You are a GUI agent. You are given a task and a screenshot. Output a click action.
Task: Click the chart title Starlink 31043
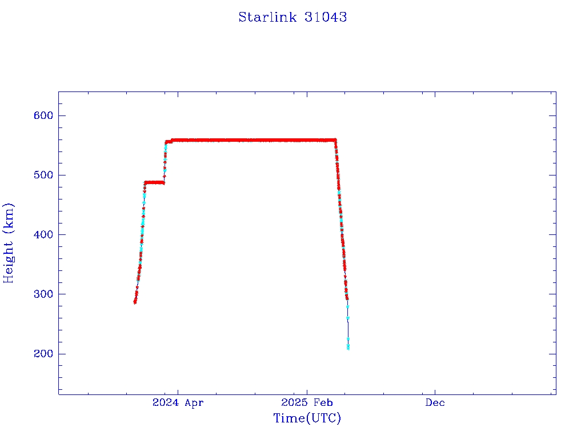pos(292,17)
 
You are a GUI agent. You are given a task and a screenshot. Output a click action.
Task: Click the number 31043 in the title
pos(327,17)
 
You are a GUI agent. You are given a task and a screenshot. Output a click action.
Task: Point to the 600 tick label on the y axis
pos(43,115)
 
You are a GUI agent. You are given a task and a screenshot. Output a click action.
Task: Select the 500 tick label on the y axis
pos(43,175)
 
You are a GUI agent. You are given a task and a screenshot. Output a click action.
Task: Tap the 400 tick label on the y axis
pos(43,234)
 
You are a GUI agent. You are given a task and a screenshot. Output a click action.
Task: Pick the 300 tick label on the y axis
pos(43,294)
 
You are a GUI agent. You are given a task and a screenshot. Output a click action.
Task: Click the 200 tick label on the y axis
pos(43,354)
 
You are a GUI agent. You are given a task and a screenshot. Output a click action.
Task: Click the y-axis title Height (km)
pos(9,243)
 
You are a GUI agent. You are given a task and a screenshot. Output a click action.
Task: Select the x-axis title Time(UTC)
pos(307,418)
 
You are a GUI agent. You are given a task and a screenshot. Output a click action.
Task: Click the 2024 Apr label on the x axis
pos(178,403)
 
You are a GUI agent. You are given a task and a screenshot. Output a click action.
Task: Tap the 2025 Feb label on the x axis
pos(307,403)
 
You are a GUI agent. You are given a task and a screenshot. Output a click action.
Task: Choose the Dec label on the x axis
pos(435,403)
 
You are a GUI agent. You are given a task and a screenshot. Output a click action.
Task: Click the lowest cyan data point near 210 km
pos(348,348)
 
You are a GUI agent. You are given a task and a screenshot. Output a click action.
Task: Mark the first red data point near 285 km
pos(135,302)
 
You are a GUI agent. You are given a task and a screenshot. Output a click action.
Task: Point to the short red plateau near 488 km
pos(154,182)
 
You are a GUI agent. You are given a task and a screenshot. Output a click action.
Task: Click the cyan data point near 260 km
pos(348,318)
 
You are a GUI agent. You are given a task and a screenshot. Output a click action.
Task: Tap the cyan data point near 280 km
pos(347,306)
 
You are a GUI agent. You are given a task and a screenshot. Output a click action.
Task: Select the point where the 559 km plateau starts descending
pos(335,140)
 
